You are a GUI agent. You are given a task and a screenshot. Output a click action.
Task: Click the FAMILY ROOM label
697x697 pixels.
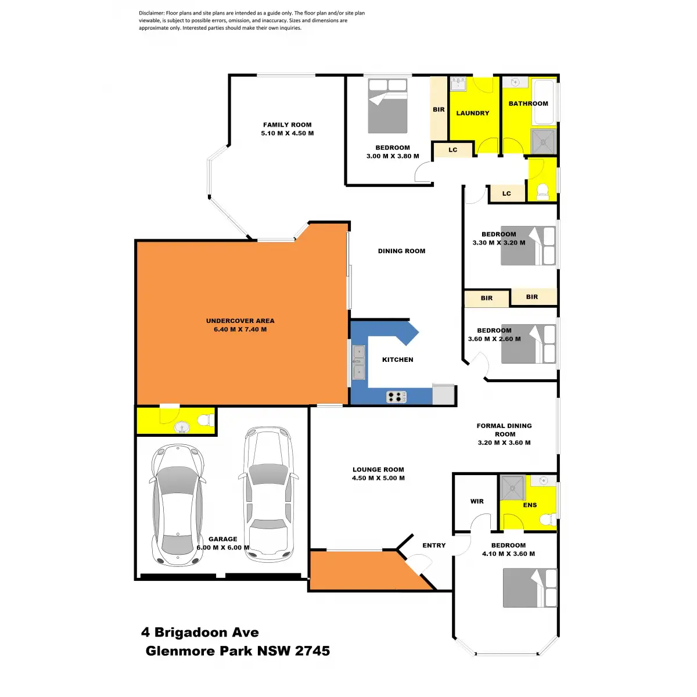click(287, 125)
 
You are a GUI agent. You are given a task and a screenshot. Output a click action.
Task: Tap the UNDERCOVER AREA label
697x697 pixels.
click(240, 321)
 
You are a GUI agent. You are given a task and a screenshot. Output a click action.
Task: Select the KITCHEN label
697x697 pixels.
click(398, 360)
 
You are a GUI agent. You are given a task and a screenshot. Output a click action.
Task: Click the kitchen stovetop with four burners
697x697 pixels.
click(396, 397)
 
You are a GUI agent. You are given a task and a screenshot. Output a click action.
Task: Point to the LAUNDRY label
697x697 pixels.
click(472, 113)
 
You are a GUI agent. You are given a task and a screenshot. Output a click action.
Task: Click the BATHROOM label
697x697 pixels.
click(528, 103)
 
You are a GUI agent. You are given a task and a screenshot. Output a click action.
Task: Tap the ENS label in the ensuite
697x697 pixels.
click(530, 505)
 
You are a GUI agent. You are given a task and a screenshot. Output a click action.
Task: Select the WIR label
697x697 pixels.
click(477, 501)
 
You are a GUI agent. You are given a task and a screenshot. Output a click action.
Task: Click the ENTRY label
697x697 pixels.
click(434, 545)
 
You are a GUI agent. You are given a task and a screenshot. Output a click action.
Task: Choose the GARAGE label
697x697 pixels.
click(223, 539)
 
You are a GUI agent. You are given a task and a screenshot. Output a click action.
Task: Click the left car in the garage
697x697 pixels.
click(178, 505)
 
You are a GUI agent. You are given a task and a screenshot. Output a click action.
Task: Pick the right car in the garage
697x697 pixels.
click(268, 494)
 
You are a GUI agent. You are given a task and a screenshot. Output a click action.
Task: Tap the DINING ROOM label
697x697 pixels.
click(401, 251)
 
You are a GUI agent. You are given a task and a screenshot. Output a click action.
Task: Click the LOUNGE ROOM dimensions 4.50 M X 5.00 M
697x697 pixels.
click(378, 478)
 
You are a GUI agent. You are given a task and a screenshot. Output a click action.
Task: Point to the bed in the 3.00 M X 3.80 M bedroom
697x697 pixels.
click(387, 106)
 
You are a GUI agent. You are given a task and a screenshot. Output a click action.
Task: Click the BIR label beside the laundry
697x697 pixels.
click(439, 109)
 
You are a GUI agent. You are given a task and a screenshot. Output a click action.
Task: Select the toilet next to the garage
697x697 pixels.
click(204, 420)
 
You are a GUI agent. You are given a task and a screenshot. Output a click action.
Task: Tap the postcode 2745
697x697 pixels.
click(312, 651)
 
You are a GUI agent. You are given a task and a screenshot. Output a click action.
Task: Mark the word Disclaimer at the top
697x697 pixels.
click(151, 13)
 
